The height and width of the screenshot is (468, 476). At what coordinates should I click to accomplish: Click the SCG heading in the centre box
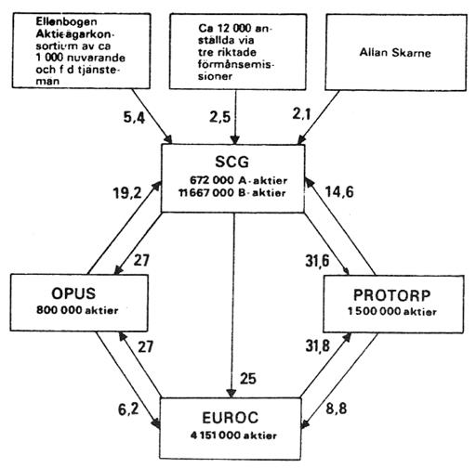point(231,162)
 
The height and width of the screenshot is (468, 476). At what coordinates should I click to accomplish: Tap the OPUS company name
point(73,293)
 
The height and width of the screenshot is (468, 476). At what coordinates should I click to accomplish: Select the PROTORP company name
point(392,295)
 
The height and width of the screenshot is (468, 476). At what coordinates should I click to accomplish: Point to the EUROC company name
point(230,418)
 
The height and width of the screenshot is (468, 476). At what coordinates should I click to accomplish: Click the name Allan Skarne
point(395,52)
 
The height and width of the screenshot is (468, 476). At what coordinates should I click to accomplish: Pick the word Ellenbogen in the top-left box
point(66,21)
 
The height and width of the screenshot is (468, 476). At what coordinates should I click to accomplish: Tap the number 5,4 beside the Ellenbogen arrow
point(134,118)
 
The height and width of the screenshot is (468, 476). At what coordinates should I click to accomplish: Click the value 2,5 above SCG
point(219,117)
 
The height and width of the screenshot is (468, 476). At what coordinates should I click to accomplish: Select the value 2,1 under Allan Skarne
point(301,114)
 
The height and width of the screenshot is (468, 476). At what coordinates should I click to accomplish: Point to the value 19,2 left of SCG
point(127,193)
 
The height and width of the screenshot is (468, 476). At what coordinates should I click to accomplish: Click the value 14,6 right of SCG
point(339,192)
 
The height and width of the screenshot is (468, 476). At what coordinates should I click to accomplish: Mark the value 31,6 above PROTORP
point(317,261)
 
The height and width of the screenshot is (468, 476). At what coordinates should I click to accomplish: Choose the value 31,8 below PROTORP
point(318,345)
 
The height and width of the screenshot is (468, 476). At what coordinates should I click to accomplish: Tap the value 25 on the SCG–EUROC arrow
point(248,379)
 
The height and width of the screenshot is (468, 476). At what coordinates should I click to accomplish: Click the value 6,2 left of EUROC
point(128,409)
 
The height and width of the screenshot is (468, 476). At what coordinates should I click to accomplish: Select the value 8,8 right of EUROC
point(337,409)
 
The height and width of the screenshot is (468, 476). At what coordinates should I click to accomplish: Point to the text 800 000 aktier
point(77,310)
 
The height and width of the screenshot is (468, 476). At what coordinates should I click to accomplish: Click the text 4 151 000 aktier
point(233,435)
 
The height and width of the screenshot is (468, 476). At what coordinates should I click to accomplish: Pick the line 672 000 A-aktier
point(238,180)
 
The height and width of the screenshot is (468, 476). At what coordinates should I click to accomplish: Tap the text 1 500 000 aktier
point(392,311)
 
